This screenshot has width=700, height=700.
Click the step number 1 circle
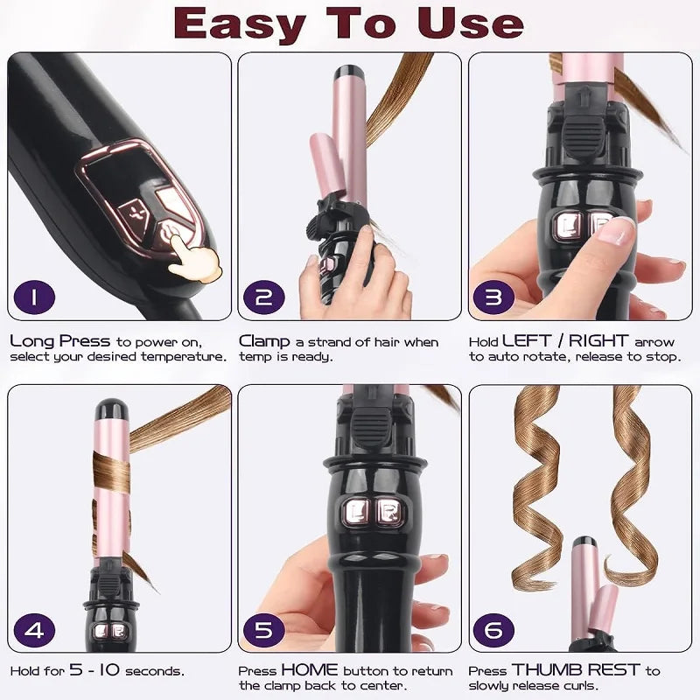34,297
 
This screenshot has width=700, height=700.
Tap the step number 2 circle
264,297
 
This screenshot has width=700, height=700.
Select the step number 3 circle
494,297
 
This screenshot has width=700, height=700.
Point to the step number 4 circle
34,629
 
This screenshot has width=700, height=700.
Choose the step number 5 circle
264,629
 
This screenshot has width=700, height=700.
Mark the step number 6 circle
494,629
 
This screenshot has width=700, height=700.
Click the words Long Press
60,341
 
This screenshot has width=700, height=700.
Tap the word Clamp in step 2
265,341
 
